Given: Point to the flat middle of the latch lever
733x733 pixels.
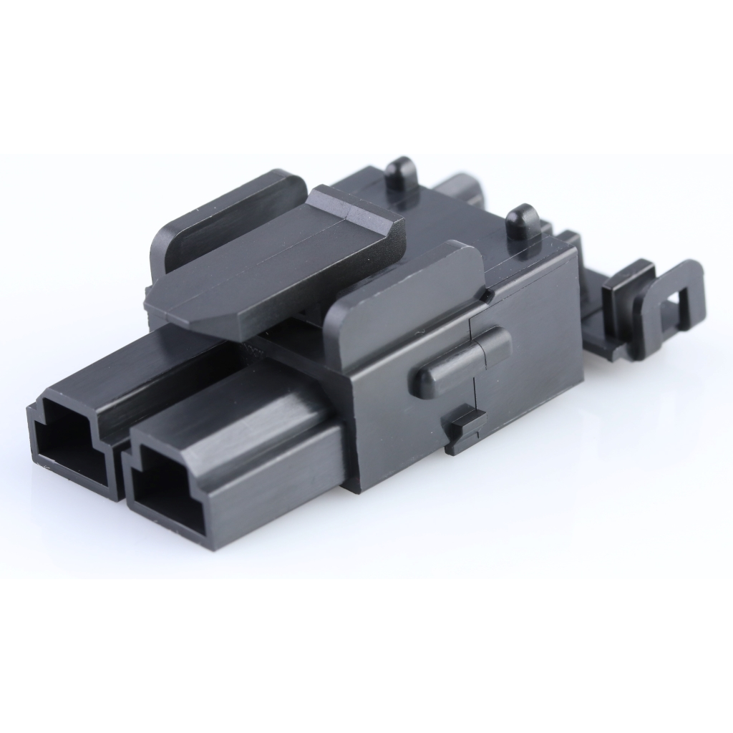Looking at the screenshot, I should [272, 265].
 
